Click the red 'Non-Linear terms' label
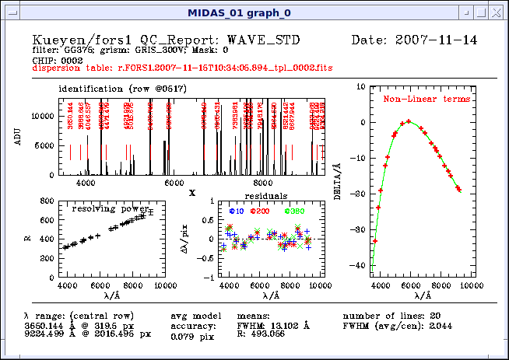point(427,100)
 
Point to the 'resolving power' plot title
point(110,208)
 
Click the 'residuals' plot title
point(265,196)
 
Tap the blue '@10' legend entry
point(237,211)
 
